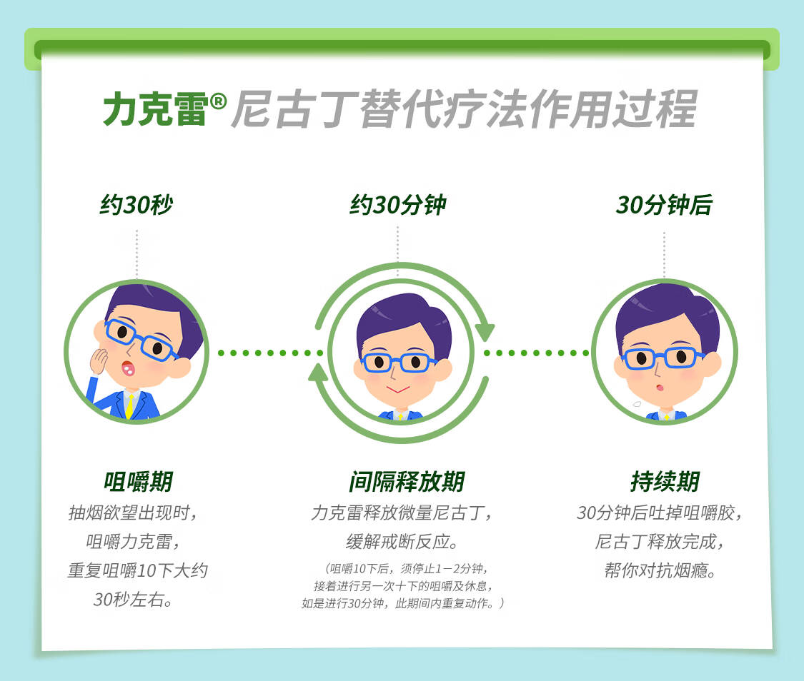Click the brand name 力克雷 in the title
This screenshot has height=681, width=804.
[155, 109]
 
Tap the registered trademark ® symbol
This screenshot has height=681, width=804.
[218, 101]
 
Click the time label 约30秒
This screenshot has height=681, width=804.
[137, 205]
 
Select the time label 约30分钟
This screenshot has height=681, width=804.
[398, 205]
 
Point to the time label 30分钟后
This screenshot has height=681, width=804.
[664, 205]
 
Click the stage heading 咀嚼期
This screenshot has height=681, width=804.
[139, 481]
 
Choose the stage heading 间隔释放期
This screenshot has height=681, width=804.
[407, 481]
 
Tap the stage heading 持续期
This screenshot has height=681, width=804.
[665, 481]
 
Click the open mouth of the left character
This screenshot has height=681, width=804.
[128, 368]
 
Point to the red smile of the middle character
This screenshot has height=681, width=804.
[398, 390]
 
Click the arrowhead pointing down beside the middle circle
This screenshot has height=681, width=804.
[484, 332]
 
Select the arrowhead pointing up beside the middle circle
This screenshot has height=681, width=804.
[319, 373]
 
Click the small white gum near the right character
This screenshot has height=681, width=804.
[637, 404]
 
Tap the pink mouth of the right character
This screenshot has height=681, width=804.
[660, 387]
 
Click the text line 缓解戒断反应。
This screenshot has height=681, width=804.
[402, 541]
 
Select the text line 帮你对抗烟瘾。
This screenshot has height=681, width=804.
[660, 570]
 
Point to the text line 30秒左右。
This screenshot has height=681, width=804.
[134, 599]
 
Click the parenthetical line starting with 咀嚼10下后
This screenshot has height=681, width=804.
[405, 568]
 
